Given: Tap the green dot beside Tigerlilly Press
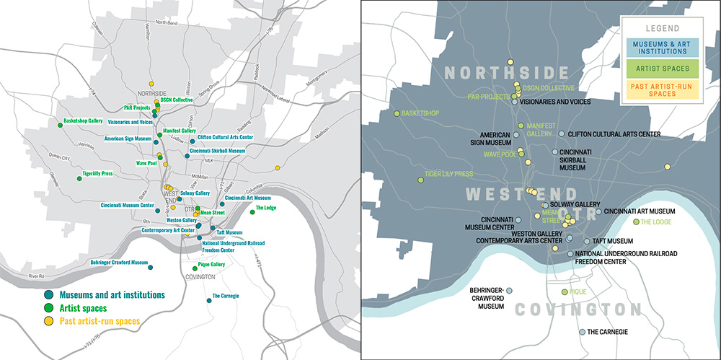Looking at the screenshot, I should [77, 177].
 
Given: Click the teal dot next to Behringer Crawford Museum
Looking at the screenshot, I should [151, 268].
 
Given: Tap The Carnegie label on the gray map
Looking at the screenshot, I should [226, 296].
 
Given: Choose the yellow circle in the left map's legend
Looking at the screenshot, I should [48, 320].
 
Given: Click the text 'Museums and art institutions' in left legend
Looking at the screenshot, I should [112, 295].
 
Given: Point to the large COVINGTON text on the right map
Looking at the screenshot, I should [578, 309].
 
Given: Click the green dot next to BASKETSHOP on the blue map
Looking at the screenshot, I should [397, 113].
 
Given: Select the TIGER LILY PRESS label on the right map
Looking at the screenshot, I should [448, 174].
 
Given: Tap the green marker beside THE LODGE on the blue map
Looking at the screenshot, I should [636, 221].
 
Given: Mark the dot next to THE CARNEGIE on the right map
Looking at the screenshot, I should [583, 332].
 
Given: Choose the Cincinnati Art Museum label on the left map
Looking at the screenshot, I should [247, 198].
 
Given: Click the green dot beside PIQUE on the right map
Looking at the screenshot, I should [565, 292].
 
